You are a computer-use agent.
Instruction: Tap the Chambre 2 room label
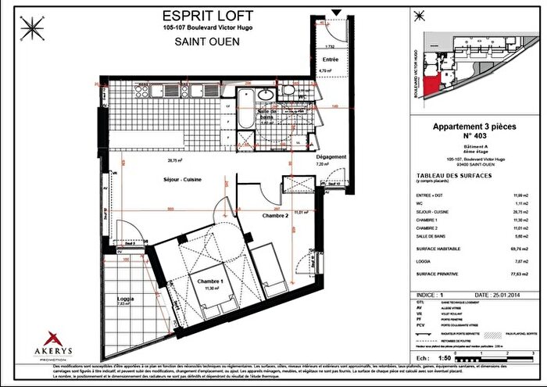[276, 215]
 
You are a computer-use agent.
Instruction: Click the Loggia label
[126, 299]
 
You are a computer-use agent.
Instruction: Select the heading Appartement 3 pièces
[476, 126]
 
